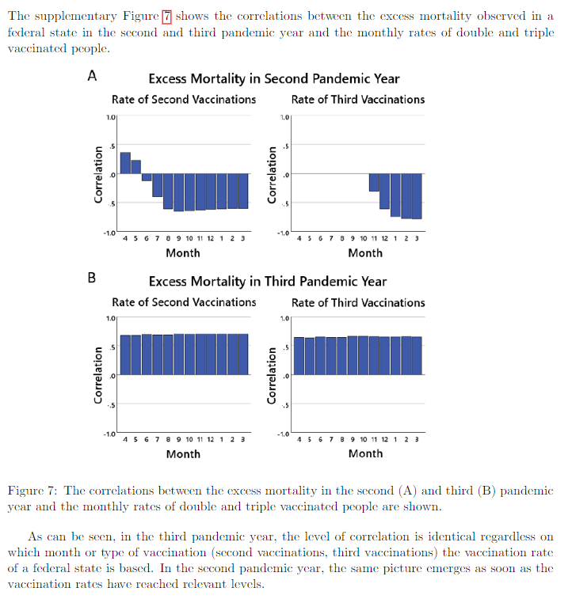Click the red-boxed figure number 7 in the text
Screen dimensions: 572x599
[166, 17]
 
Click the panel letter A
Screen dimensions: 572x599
[92, 76]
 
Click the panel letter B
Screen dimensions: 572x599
[92, 277]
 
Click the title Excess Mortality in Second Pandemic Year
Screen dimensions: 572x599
[274, 78]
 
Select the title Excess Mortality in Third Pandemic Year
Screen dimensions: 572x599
[268, 282]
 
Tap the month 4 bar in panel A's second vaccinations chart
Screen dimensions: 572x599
[125, 163]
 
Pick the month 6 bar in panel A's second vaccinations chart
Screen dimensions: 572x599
[147, 177]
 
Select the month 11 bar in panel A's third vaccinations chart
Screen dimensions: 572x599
[374, 183]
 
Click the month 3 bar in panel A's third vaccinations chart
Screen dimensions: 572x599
[418, 196]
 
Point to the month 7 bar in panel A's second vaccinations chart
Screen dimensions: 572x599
[158, 185]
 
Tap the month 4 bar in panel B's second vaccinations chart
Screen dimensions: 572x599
[125, 355]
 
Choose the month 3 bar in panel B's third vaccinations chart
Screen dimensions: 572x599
[418, 355]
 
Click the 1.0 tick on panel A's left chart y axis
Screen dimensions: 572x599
[111, 117]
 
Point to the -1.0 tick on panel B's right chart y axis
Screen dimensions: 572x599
[284, 434]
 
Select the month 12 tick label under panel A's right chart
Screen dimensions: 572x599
[385, 238]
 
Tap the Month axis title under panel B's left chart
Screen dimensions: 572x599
[183, 454]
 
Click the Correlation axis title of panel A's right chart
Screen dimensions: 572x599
[272, 175]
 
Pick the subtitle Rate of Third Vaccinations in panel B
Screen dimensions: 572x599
[358, 302]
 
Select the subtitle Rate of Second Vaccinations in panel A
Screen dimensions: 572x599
[184, 100]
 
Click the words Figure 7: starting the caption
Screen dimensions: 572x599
[32, 491]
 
